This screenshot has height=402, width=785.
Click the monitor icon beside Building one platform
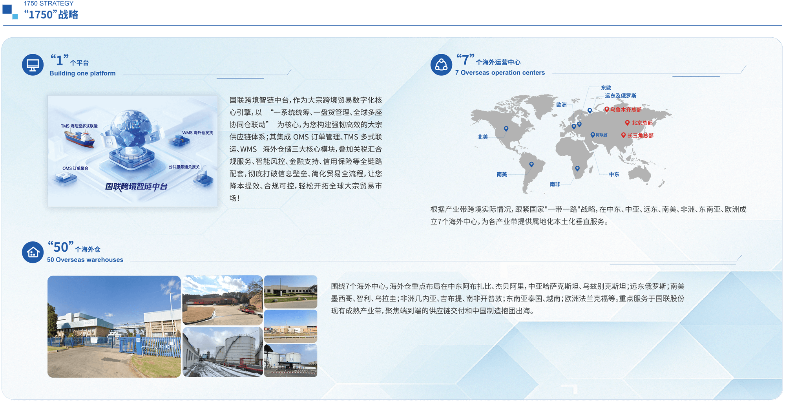click(33, 65)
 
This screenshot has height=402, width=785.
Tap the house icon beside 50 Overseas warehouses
click(33, 252)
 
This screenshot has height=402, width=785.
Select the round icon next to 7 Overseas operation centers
click(441, 65)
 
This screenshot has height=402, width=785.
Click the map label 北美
click(482, 137)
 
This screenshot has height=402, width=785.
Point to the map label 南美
click(502, 174)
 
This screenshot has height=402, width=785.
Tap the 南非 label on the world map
click(555, 184)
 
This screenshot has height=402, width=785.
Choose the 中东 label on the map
click(614, 174)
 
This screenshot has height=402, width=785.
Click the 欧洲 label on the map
click(561, 105)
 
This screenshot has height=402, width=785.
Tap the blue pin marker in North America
click(506, 129)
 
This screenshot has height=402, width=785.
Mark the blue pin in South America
click(531, 164)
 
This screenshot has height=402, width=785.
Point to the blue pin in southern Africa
click(577, 168)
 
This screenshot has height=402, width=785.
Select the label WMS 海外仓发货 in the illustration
click(197, 133)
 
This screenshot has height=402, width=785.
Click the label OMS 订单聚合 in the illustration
click(75, 168)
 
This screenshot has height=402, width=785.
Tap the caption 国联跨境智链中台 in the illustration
click(136, 186)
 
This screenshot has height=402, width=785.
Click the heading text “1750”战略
click(51, 15)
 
